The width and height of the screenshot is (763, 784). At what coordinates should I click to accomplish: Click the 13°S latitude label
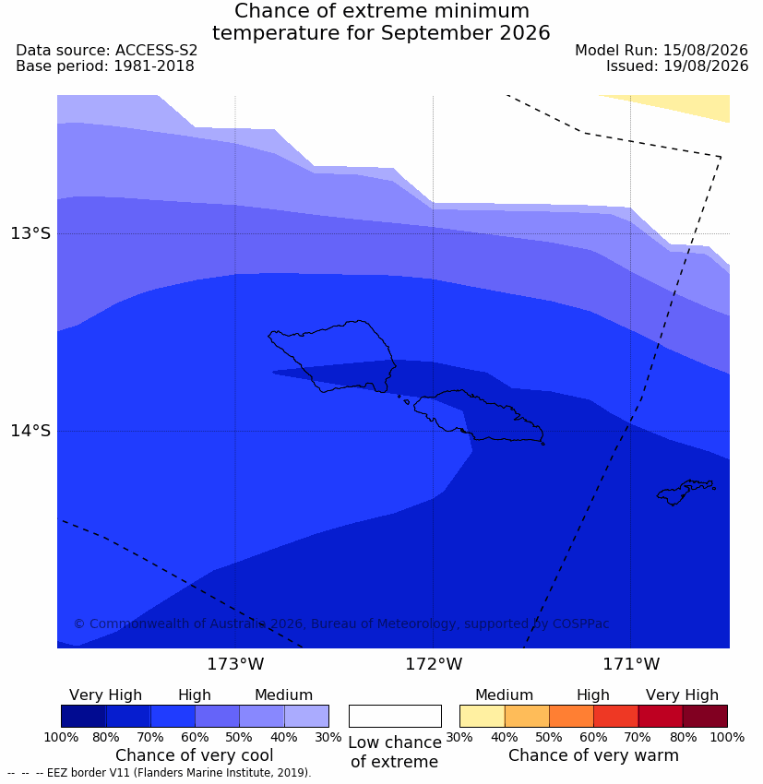(x=30, y=233)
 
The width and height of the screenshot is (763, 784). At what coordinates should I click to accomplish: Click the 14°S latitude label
(x=30, y=431)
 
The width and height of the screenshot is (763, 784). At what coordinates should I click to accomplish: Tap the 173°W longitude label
(x=235, y=664)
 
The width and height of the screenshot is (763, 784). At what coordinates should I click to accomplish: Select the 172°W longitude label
(x=434, y=664)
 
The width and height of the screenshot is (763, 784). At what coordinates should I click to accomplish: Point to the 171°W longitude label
(x=631, y=664)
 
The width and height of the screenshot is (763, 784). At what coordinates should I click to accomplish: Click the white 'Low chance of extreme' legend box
(x=395, y=716)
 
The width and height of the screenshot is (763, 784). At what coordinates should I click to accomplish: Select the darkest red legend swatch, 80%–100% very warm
(x=705, y=716)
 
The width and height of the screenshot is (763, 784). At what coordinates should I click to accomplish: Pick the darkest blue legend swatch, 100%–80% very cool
(x=84, y=716)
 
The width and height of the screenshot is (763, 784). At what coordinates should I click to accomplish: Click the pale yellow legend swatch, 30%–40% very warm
(x=482, y=716)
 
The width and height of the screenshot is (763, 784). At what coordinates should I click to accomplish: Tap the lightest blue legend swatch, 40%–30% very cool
(x=306, y=716)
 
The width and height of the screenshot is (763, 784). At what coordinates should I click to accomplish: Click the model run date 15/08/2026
(x=706, y=51)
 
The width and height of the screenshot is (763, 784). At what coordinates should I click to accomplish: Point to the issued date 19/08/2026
(x=706, y=66)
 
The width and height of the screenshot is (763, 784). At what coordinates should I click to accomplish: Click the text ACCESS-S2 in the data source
(x=156, y=51)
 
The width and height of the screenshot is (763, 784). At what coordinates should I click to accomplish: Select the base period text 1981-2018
(x=154, y=66)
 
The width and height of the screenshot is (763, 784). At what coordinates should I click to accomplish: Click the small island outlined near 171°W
(x=686, y=492)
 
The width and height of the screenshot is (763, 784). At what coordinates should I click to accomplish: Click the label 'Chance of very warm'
(x=593, y=755)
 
